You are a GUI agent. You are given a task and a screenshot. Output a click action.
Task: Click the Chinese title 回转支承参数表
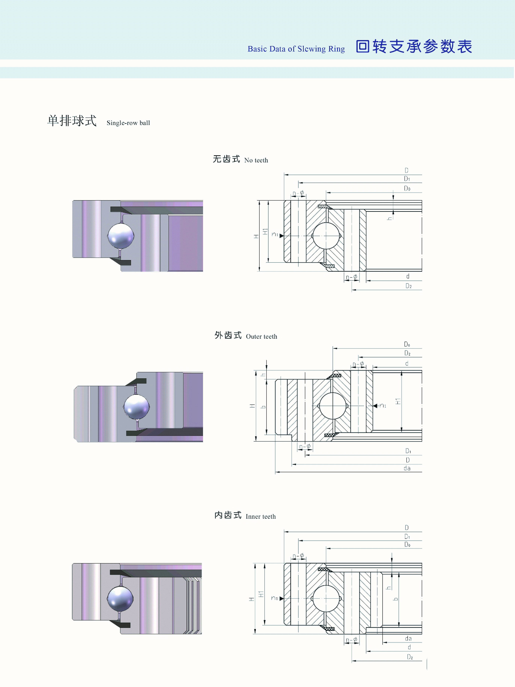[414, 47]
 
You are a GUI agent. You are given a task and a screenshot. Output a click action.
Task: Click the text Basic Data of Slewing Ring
[296, 49]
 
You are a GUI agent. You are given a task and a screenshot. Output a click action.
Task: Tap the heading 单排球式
[72, 121]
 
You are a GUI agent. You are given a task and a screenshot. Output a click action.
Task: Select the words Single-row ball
[128, 123]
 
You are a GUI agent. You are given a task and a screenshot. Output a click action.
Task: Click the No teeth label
[256, 160]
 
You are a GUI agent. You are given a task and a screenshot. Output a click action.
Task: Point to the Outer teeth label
[261, 336]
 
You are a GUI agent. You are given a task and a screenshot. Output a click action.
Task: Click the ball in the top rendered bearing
[121, 236]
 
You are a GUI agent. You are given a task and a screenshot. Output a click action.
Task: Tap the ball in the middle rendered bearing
[137, 407]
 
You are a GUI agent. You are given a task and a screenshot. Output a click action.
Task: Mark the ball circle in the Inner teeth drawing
[326, 599]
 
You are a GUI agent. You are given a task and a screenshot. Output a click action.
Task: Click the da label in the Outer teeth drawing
[407, 468]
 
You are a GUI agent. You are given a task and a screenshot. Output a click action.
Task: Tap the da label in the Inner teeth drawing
[408, 639]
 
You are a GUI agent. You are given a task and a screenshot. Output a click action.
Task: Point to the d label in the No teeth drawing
[408, 276]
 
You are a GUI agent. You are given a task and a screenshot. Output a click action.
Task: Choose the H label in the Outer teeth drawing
[252, 406]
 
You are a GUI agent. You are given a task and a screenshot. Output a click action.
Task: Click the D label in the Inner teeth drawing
[407, 527]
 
